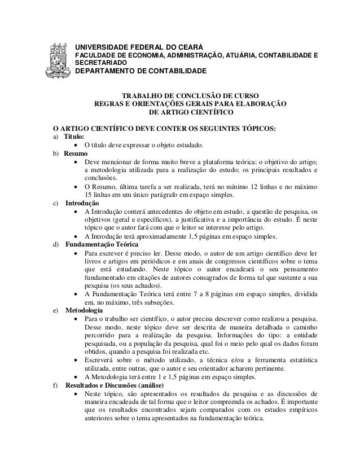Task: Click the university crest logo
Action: [59, 59]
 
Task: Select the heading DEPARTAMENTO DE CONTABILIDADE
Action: [141, 72]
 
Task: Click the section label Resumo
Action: [75, 153]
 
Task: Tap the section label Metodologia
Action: [84, 310]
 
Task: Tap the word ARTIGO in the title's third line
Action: [182, 113]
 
